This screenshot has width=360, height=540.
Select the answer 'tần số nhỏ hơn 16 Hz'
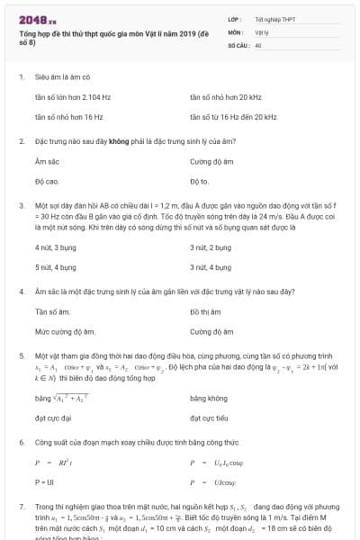point(68,117)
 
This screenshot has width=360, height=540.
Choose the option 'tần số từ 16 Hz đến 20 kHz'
point(233,117)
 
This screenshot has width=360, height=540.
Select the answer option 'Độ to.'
point(199,182)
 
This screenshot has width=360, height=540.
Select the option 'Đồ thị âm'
point(206,310)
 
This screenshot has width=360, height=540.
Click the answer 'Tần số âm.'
point(53,310)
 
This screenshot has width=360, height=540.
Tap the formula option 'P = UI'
point(45,482)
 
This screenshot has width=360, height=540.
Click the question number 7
point(21,508)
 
